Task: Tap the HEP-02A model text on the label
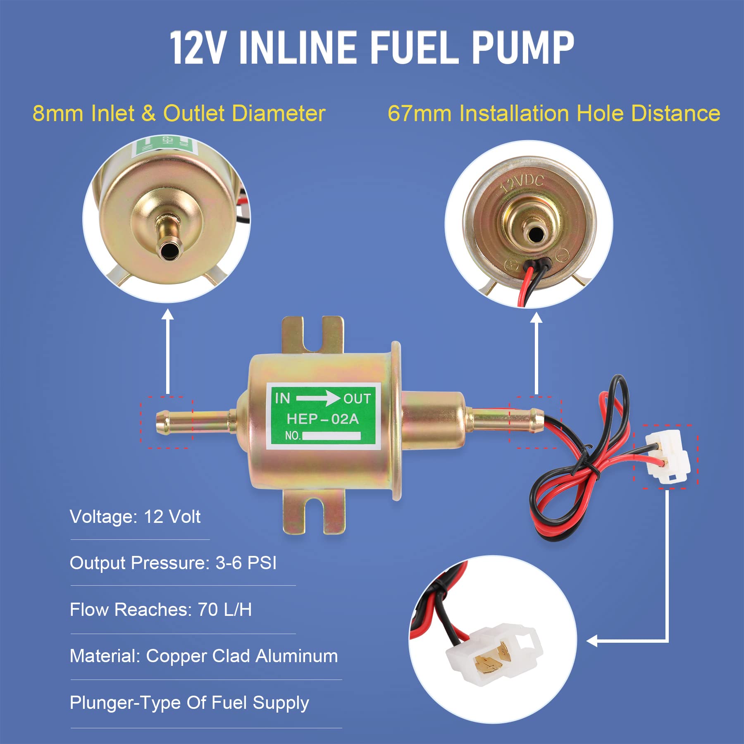coord(322,419)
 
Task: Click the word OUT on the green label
coord(357,399)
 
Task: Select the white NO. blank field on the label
coord(332,436)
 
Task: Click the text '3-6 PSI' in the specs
coord(246,563)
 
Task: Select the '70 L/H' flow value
coord(224,610)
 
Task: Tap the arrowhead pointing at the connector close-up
coord(592,641)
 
